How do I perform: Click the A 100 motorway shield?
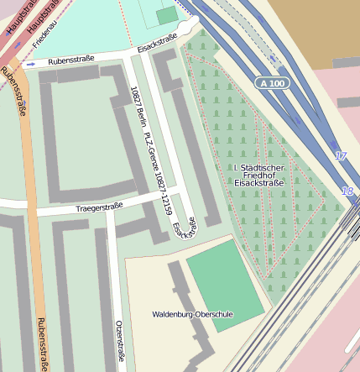272,83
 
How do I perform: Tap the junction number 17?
340,156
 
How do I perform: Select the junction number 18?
347,191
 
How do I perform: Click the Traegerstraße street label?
99,206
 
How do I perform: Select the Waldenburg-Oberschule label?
193,315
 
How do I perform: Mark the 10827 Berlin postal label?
134,105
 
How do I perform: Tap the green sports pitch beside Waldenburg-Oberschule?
225,283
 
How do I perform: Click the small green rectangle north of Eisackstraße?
167,15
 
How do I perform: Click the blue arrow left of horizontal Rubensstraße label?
31,64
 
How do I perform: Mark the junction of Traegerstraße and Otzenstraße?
109,209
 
